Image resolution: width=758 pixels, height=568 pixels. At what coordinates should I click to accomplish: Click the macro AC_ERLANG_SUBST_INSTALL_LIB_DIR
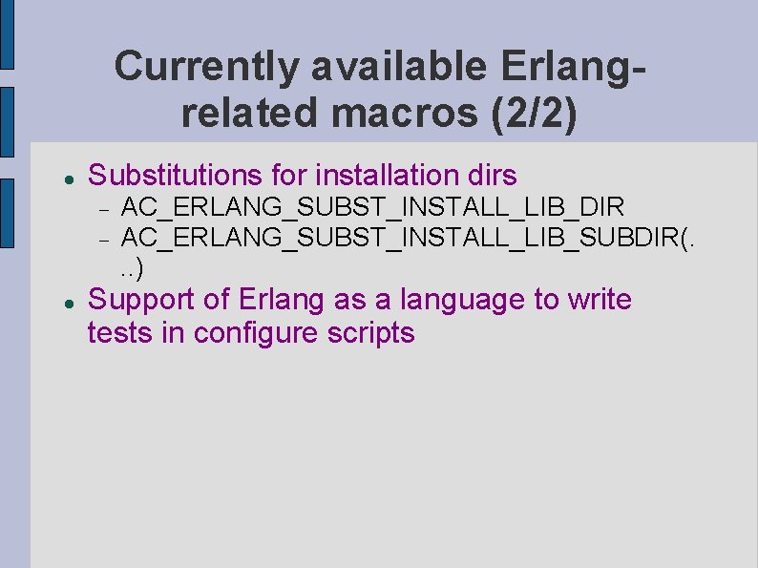pos(373,206)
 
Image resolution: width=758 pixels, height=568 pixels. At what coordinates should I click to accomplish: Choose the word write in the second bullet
pos(600,300)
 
